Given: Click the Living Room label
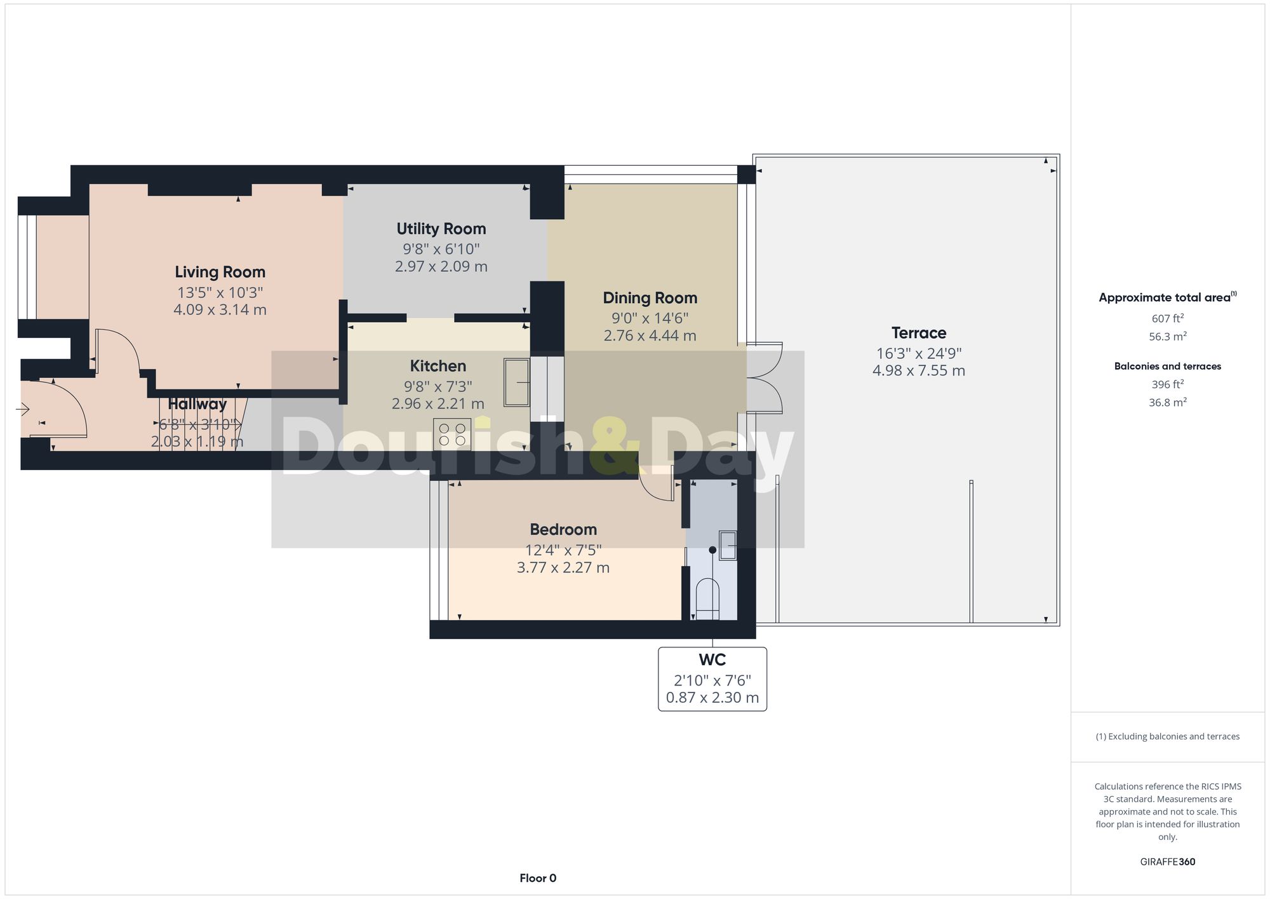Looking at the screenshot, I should [x=220, y=272].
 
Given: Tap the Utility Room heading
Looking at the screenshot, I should [x=441, y=229].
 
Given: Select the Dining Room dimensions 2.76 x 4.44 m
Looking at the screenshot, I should [x=650, y=335].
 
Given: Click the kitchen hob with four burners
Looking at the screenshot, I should [x=452, y=435].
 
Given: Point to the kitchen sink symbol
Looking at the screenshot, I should [x=516, y=382].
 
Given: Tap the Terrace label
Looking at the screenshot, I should [x=918, y=333].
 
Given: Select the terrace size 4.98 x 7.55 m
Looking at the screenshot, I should [x=918, y=370].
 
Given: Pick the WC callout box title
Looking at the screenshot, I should [x=712, y=660].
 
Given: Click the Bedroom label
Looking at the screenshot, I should [x=563, y=529].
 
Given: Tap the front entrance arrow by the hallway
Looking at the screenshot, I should [x=23, y=410].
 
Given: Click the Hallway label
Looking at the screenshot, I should [x=197, y=404].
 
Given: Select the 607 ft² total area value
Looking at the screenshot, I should [x=1167, y=318].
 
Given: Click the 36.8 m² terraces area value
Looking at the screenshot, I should [x=1167, y=402].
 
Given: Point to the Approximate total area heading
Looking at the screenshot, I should [x=1167, y=297].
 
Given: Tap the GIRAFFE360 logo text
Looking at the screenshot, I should [x=1167, y=862].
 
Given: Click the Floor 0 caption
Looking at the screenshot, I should [x=538, y=878].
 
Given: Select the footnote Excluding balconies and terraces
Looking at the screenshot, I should [x=1167, y=736].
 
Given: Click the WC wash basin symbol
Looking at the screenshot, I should [x=728, y=545].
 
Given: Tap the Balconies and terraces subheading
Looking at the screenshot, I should [x=1167, y=366].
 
